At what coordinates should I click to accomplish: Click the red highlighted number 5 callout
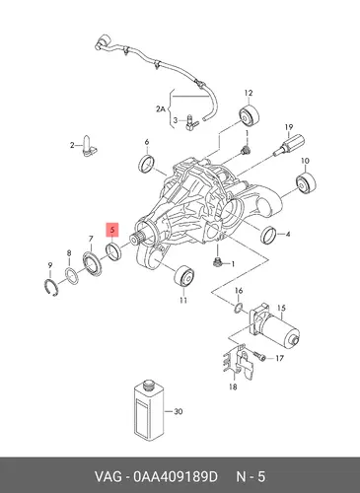tap(112, 230)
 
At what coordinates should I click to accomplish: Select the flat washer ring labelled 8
tap(71, 276)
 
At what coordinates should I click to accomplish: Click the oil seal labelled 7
tap(93, 262)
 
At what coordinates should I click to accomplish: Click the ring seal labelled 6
tap(147, 164)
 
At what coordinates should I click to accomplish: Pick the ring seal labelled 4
tap(269, 235)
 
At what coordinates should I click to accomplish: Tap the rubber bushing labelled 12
tap(249, 116)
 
